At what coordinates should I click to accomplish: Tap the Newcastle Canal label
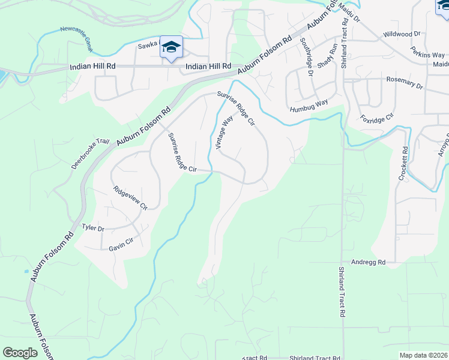82,33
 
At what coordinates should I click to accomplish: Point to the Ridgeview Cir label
130,197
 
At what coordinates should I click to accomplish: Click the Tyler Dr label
93,229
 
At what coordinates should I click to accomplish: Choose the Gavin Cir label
121,244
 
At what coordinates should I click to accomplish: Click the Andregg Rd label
368,262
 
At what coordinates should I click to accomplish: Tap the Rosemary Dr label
405,83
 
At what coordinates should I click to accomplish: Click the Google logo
20,353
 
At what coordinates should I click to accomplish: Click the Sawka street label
147,44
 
